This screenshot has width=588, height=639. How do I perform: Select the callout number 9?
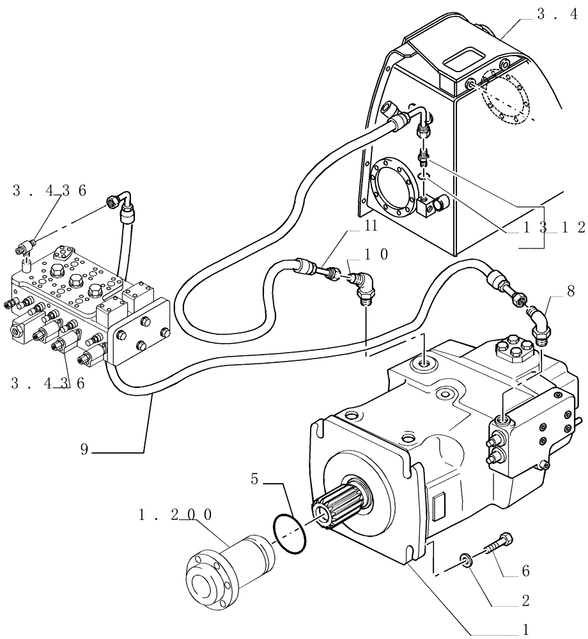[84, 449]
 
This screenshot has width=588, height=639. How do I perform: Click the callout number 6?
[525, 569]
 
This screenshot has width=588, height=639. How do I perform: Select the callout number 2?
[525, 601]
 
